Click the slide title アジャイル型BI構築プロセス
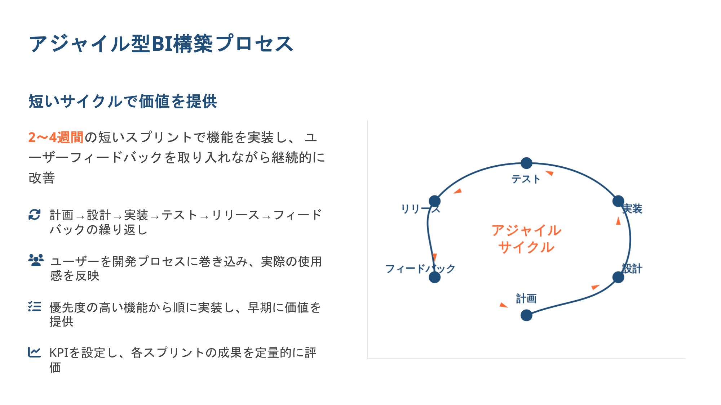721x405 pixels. [161, 44]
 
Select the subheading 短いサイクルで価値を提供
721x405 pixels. [123, 101]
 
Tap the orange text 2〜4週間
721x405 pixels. [56, 138]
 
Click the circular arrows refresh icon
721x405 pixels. [35, 215]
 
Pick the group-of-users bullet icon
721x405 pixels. [36, 260]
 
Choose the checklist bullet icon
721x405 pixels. [35, 306]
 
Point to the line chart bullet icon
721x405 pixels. [35, 352]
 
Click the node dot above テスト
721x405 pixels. [526, 163]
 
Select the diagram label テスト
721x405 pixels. [526, 179]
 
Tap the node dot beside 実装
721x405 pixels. [618, 201]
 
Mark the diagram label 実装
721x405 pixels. [632, 209]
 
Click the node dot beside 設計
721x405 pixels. [618, 277]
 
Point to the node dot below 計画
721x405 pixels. [526, 315]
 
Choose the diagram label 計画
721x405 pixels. [526, 298]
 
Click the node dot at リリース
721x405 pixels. [434, 201]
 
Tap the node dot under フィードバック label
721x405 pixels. [434, 277]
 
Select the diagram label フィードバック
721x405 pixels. [420, 269]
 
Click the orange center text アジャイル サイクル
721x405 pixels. [526, 239]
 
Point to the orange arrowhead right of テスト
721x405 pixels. [549, 173]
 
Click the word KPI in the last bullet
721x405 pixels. [58, 353]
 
